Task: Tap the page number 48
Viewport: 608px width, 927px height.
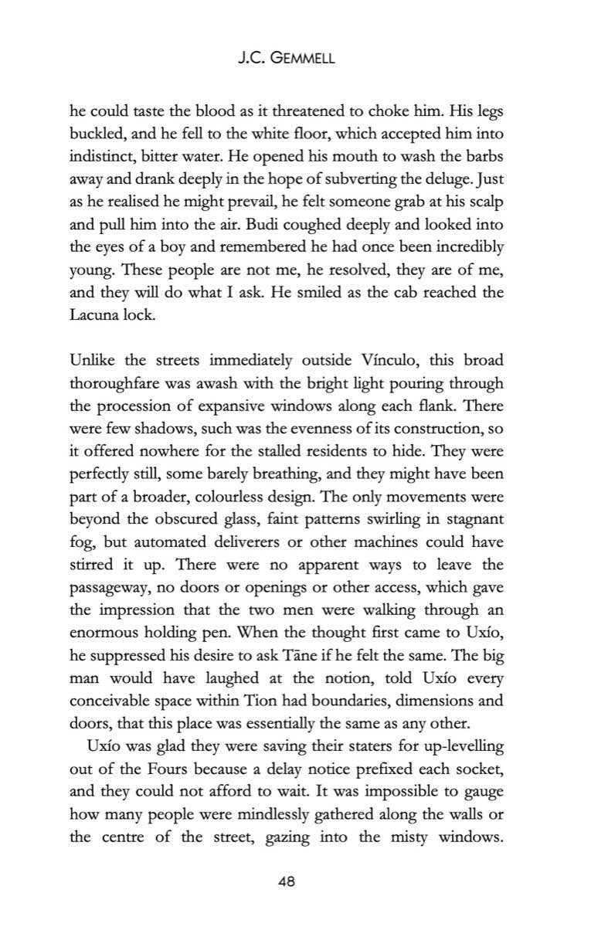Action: point(289,881)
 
